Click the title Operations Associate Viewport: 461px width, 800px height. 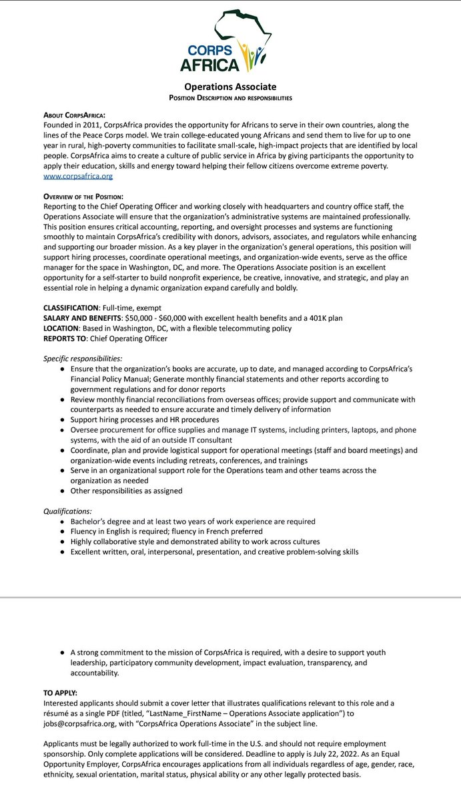pos(230,87)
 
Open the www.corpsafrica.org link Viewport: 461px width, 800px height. pos(78,176)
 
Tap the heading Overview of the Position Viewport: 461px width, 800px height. pos(83,197)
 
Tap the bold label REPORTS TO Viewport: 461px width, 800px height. pos(65,338)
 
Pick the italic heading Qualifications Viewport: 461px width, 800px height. pos(67,511)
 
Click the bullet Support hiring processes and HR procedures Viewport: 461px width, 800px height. pos(145,419)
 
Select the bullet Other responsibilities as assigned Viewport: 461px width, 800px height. pos(126,491)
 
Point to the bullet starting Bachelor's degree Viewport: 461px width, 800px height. pos(193,521)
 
